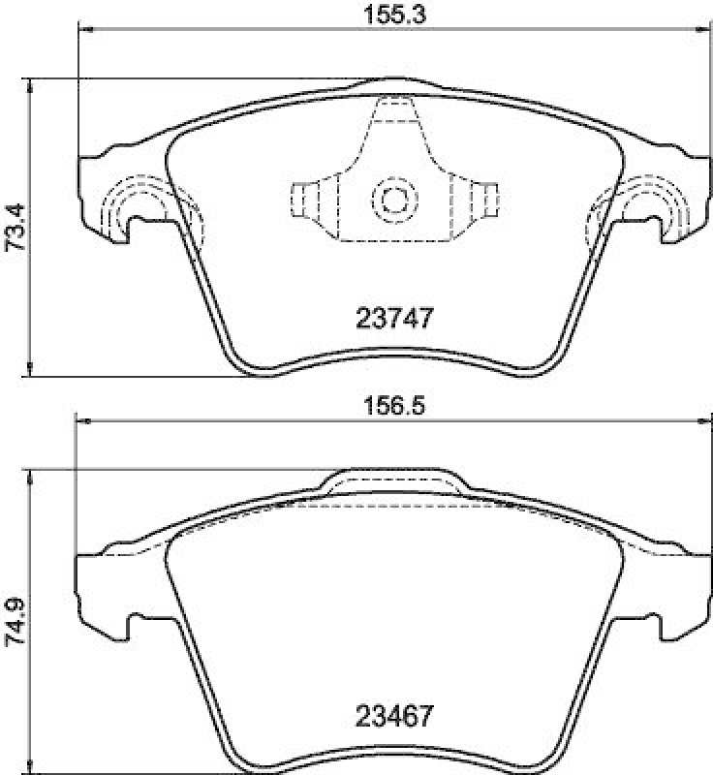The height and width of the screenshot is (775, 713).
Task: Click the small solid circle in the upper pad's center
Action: [393, 200]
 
